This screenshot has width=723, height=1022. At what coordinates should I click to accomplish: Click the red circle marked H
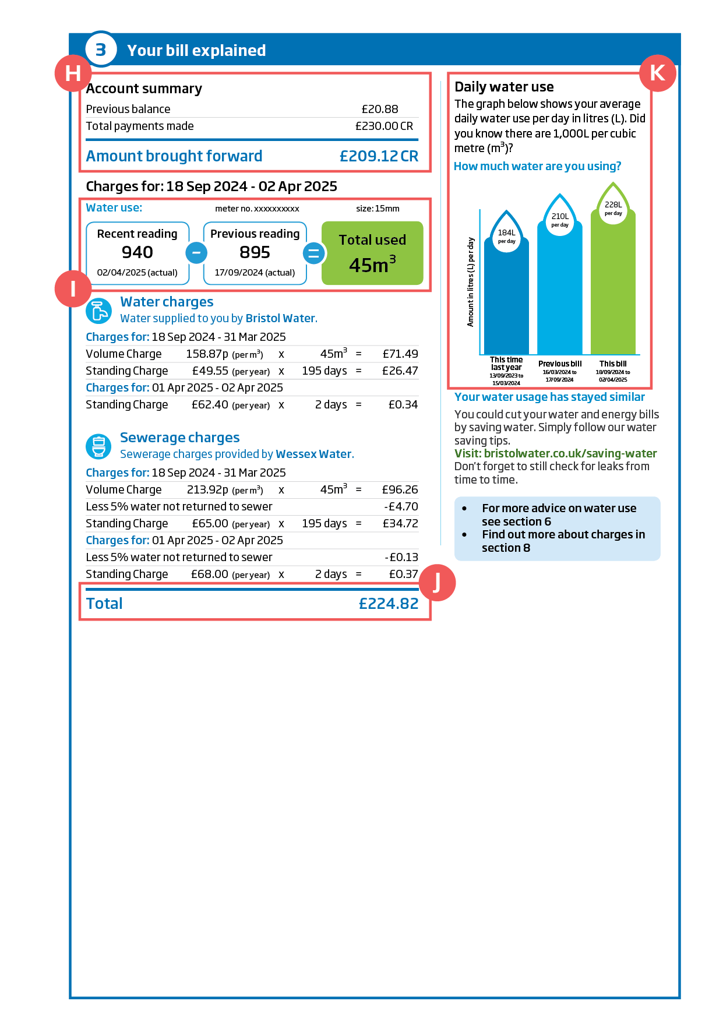click(73, 73)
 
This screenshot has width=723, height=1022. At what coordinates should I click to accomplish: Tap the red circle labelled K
click(657, 73)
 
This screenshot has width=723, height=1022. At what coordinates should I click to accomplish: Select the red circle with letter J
click(437, 583)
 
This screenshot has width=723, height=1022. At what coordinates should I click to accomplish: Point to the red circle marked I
click(73, 288)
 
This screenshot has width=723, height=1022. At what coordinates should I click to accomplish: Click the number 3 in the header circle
click(101, 50)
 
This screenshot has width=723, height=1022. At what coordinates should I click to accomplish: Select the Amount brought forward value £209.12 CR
click(379, 156)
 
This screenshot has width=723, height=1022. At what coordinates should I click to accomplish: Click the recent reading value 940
click(137, 252)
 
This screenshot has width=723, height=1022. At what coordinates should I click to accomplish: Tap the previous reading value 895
click(255, 252)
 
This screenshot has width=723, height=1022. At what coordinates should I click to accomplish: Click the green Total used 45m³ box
click(372, 253)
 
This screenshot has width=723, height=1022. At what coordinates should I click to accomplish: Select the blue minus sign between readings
click(196, 253)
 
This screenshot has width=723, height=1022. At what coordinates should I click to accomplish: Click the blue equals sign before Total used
click(313, 253)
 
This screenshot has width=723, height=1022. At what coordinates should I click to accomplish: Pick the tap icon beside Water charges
click(98, 311)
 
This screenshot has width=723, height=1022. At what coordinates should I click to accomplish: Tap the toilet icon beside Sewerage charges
click(98, 447)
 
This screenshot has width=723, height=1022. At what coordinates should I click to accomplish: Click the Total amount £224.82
click(388, 604)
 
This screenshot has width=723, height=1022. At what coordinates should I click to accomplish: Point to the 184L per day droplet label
click(506, 236)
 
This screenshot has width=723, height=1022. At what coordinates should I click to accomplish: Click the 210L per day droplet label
click(560, 220)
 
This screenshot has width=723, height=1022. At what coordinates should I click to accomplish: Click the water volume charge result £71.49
click(400, 354)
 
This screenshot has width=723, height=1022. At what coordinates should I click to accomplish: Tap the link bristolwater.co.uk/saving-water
click(570, 453)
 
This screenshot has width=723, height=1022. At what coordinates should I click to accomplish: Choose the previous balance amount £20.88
click(379, 109)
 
